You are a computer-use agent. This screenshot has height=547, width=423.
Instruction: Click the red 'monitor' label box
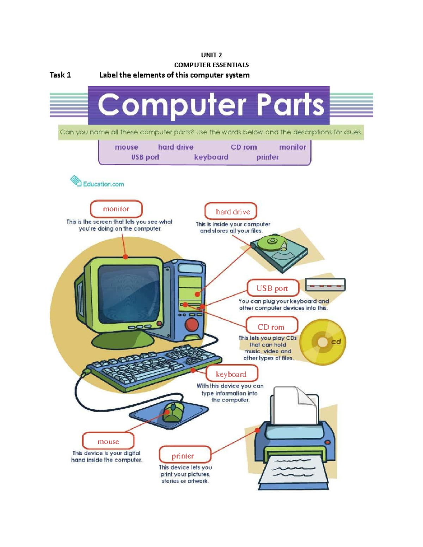116,209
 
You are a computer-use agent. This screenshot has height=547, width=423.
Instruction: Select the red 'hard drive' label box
231,211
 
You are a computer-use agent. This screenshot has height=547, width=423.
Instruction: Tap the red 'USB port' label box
273,288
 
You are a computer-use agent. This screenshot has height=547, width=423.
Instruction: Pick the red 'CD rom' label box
272,327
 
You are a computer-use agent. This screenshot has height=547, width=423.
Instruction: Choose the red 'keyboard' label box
232,374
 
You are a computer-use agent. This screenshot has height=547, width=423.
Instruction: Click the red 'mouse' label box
108,441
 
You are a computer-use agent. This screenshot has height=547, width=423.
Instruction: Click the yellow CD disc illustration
323,342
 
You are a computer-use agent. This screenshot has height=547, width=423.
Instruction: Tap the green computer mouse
173,412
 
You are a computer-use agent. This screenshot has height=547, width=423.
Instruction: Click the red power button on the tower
192,324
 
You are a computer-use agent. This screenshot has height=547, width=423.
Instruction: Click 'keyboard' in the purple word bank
211,157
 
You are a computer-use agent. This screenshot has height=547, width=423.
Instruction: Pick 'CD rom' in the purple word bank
244,147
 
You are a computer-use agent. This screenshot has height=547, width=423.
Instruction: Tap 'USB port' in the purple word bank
145,157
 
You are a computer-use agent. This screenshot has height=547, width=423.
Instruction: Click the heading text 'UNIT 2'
211,55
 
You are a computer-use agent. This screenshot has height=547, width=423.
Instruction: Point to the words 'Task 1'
60,75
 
